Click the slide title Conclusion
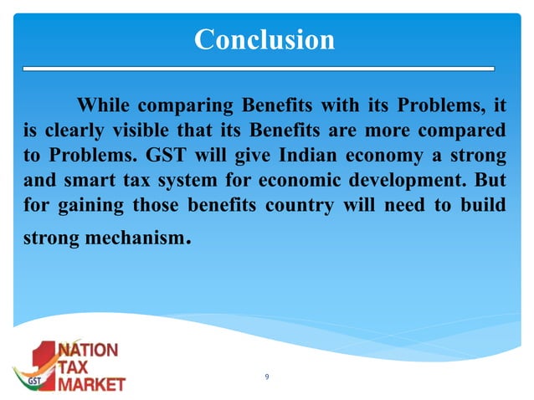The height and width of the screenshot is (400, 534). tap(264, 39)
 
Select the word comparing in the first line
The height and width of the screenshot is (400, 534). tap(184, 107)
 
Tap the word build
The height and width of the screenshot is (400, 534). tap(485, 204)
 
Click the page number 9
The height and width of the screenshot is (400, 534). tap(266, 377)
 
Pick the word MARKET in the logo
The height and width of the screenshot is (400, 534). tap(90, 384)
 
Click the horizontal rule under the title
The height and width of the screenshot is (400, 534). tap(259, 67)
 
